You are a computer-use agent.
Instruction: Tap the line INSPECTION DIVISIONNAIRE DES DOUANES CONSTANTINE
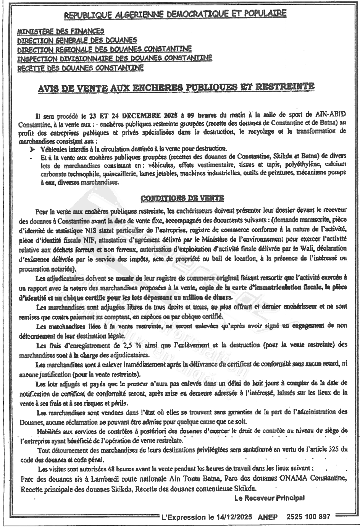(115, 58)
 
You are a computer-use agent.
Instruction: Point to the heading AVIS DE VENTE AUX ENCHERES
(176, 87)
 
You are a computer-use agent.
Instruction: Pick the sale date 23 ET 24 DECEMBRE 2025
(127, 115)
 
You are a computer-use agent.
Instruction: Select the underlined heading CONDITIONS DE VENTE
(182, 198)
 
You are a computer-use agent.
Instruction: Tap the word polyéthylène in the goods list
(302, 165)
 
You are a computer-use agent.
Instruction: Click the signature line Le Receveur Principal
(270, 498)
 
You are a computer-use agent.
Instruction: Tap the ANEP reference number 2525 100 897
(308, 517)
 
